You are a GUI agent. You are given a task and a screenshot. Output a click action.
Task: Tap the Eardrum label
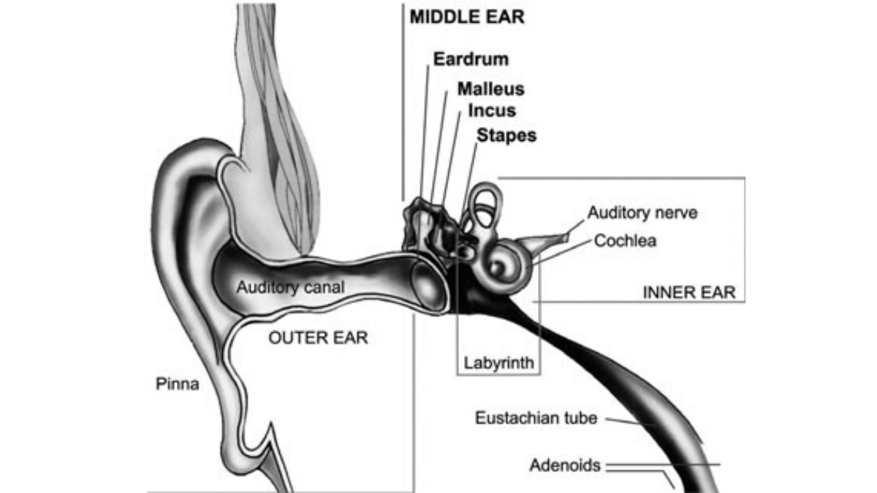click(x=471, y=59)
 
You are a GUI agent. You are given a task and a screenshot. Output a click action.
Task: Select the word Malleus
click(x=491, y=89)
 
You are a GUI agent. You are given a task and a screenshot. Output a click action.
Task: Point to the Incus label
click(x=492, y=112)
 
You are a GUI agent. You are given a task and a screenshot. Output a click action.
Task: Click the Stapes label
click(x=506, y=135)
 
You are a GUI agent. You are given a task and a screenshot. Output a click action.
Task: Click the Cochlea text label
click(x=625, y=240)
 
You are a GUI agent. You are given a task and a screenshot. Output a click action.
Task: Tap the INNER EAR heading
click(x=689, y=292)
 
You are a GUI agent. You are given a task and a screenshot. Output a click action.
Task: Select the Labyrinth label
click(x=499, y=362)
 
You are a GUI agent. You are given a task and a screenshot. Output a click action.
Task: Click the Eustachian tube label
click(x=536, y=419)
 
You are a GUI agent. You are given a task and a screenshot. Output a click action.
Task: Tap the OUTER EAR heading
click(x=318, y=338)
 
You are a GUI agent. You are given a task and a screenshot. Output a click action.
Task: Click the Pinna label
click(x=178, y=383)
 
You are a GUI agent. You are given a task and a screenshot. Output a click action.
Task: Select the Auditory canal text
click(x=289, y=287)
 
